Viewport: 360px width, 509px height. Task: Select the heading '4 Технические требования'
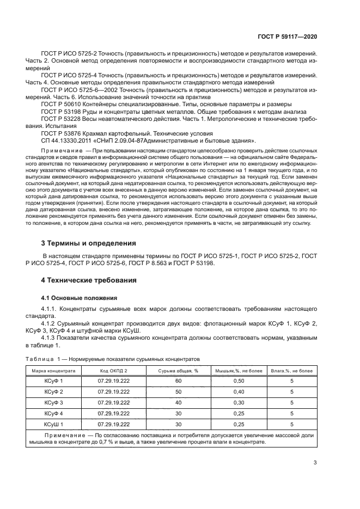[x=89, y=280]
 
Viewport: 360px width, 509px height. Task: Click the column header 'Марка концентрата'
[x=53, y=370]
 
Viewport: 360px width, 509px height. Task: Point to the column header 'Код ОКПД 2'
[x=113, y=370]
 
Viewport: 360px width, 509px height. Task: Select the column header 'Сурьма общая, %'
[x=178, y=370]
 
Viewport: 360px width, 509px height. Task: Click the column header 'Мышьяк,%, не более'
[x=237, y=370]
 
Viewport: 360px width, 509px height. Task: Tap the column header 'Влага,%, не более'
[x=292, y=370]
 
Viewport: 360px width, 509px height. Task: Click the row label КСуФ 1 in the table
[x=53, y=381]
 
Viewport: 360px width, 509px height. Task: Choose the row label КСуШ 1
[x=53, y=424]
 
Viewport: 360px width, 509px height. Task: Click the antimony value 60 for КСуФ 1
[x=178, y=381]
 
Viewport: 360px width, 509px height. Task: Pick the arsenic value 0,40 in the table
[x=237, y=391]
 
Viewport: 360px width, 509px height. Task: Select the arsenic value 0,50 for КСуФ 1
[x=237, y=381]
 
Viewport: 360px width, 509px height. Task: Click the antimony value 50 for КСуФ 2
[x=178, y=391]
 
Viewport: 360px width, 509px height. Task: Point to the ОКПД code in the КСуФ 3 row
[x=113, y=402]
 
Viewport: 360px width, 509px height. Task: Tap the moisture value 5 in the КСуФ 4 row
[x=292, y=413]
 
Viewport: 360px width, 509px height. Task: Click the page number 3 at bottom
[x=315, y=463]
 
